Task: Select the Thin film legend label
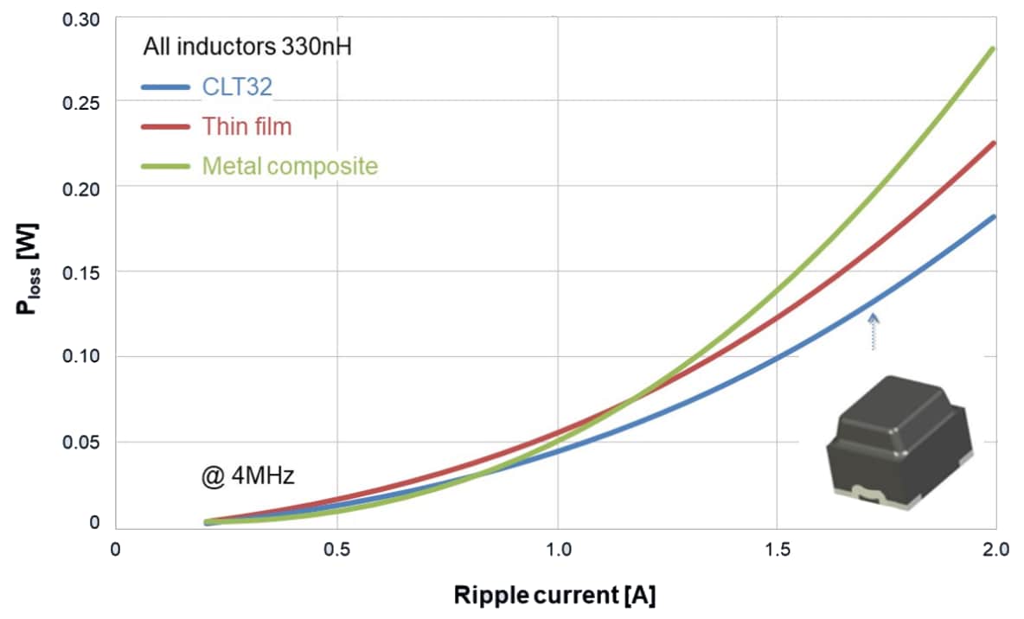pyautogui.click(x=246, y=126)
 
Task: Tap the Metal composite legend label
pyautogui.click(x=290, y=165)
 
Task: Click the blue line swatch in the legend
pyautogui.click(x=165, y=87)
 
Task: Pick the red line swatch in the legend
pyautogui.click(x=165, y=126)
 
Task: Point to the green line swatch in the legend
pyautogui.click(x=165, y=165)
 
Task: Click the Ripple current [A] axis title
pyautogui.click(x=560, y=596)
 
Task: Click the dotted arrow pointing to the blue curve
pyautogui.click(x=874, y=332)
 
